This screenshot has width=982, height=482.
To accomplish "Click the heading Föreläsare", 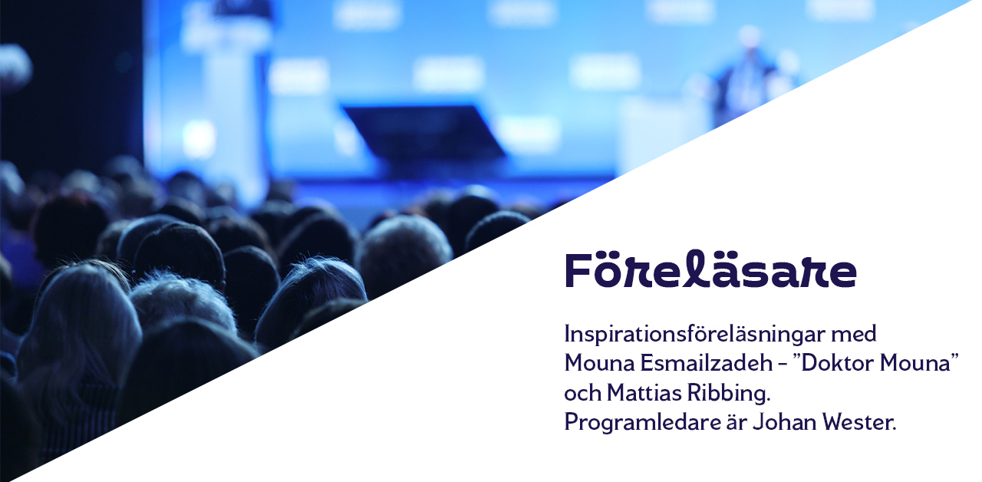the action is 710,269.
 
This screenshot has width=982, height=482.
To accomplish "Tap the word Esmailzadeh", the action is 707,363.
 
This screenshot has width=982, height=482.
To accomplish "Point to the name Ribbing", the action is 729,394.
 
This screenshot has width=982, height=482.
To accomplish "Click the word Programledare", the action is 642,423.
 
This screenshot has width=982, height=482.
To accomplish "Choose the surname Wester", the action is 858,422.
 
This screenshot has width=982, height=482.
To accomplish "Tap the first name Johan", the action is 785,422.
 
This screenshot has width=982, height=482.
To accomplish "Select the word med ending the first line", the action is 853,334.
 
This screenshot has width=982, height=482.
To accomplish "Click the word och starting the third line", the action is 582,393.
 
